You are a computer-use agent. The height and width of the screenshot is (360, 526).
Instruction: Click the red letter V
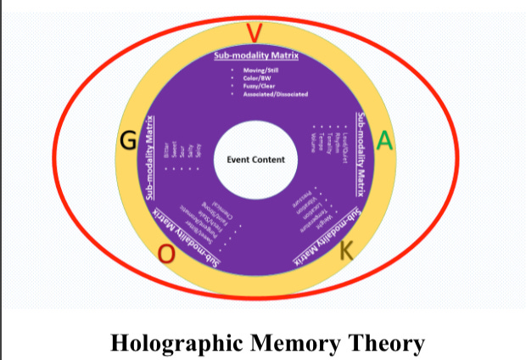point(254,33)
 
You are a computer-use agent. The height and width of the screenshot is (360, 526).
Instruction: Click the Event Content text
point(256,159)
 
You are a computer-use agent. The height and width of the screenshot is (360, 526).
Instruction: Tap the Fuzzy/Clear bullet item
point(259,87)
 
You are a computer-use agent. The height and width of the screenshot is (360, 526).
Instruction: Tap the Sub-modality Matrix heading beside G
point(151,158)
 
